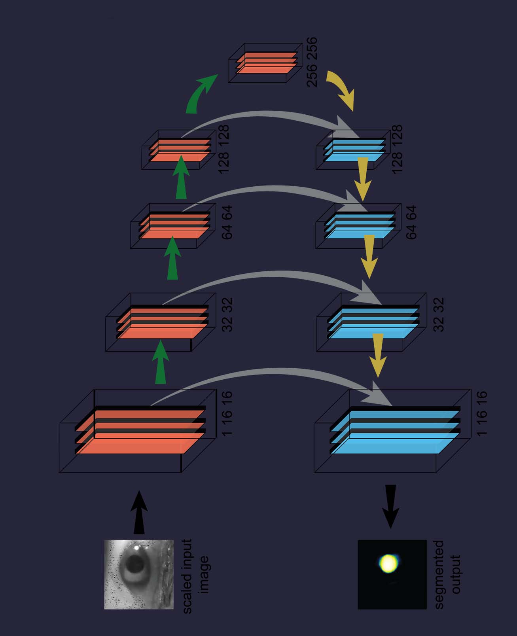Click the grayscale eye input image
click(x=139, y=574)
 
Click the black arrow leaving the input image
click(x=139, y=513)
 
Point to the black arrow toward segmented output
click(x=391, y=506)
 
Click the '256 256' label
click(x=312, y=62)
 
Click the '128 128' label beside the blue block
click(x=396, y=149)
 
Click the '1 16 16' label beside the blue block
click(x=481, y=414)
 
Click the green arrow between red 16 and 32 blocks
click(x=160, y=362)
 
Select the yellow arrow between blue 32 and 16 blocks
click(x=378, y=354)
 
